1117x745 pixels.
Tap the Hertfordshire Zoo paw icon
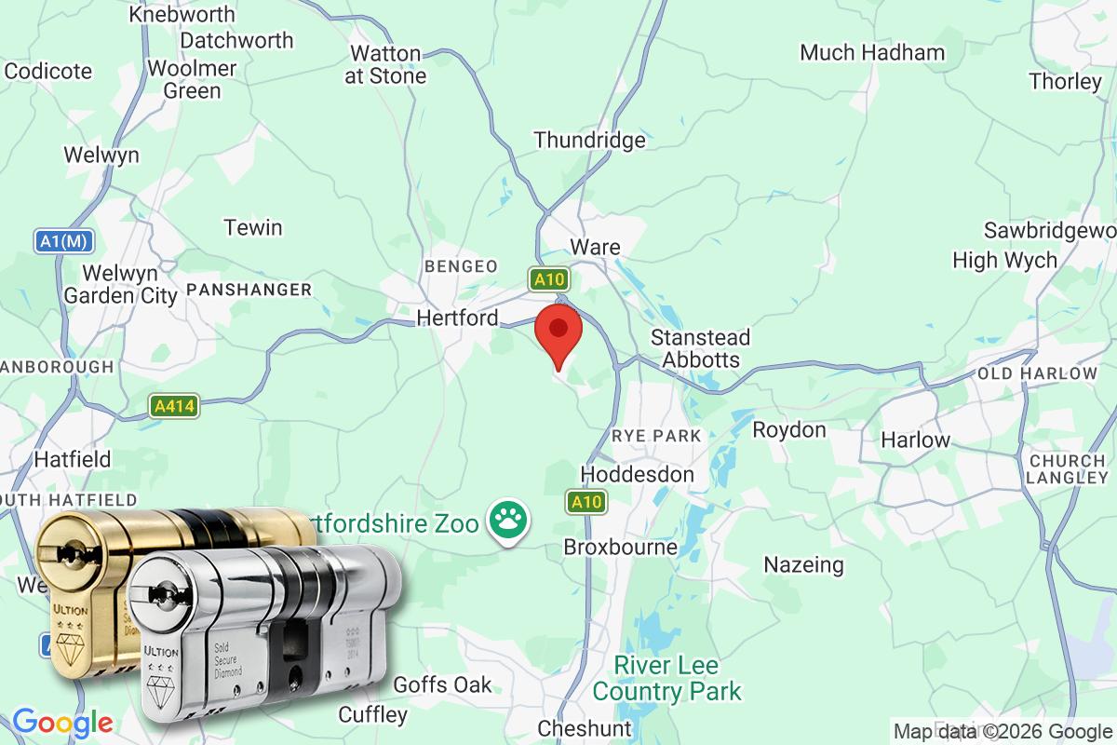[x=508, y=520]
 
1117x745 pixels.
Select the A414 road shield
[x=174, y=407]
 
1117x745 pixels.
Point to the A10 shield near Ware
[x=549, y=278]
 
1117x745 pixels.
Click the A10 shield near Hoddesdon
[x=587, y=503]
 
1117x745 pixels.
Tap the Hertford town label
[x=457, y=318]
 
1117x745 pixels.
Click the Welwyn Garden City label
[x=120, y=285]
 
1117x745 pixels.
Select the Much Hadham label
[x=872, y=52]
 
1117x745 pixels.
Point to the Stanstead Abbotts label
[x=700, y=348]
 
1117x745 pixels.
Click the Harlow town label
[x=915, y=440]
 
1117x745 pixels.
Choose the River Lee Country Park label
[x=667, y=679]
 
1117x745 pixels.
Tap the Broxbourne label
[x=620, y=547]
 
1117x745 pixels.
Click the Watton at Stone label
[x=385, y=65]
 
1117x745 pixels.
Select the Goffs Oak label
[x=442, y=685]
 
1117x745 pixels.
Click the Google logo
[x=62, y=723]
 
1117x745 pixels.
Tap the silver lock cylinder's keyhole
[x=167, y=592]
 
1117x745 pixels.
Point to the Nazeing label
[x=803, y=564]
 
